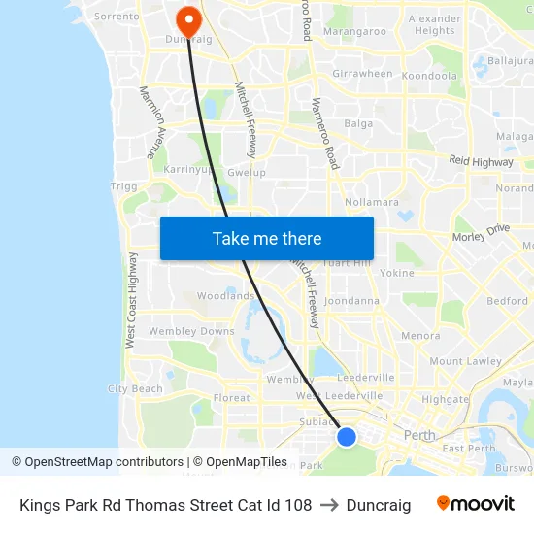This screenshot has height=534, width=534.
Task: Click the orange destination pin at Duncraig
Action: (x=187, y=20)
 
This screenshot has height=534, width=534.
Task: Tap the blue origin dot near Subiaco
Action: (x=347, y=437)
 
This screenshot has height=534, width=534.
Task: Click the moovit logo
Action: (x=476, y=504)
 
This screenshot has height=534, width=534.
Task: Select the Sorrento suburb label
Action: (x=117, y=17)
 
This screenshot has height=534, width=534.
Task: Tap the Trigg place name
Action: (x=124, y=185)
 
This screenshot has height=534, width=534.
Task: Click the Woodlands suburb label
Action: (x=225, y=296)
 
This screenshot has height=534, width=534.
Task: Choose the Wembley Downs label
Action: (x=191, y=332)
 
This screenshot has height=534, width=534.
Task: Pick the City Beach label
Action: (x=135, y=388)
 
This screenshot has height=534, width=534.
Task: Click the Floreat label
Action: (x=231, y=397)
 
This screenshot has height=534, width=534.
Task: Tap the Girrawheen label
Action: (x=362, y=74)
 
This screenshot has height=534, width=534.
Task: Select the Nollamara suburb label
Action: (x=371, y=202)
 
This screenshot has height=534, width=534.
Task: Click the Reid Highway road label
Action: (x=480, y=160)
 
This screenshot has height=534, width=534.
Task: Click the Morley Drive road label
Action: (x=481, y=233)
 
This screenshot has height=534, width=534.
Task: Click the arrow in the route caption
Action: (x=328, y=505)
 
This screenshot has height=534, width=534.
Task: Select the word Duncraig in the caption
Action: (x=378, y=505)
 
